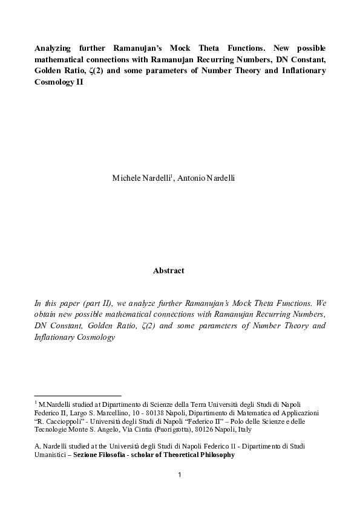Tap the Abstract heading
point(168,271)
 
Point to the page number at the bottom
point(180,475)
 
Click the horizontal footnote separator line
point(77,395)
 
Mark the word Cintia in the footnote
point(128,429)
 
